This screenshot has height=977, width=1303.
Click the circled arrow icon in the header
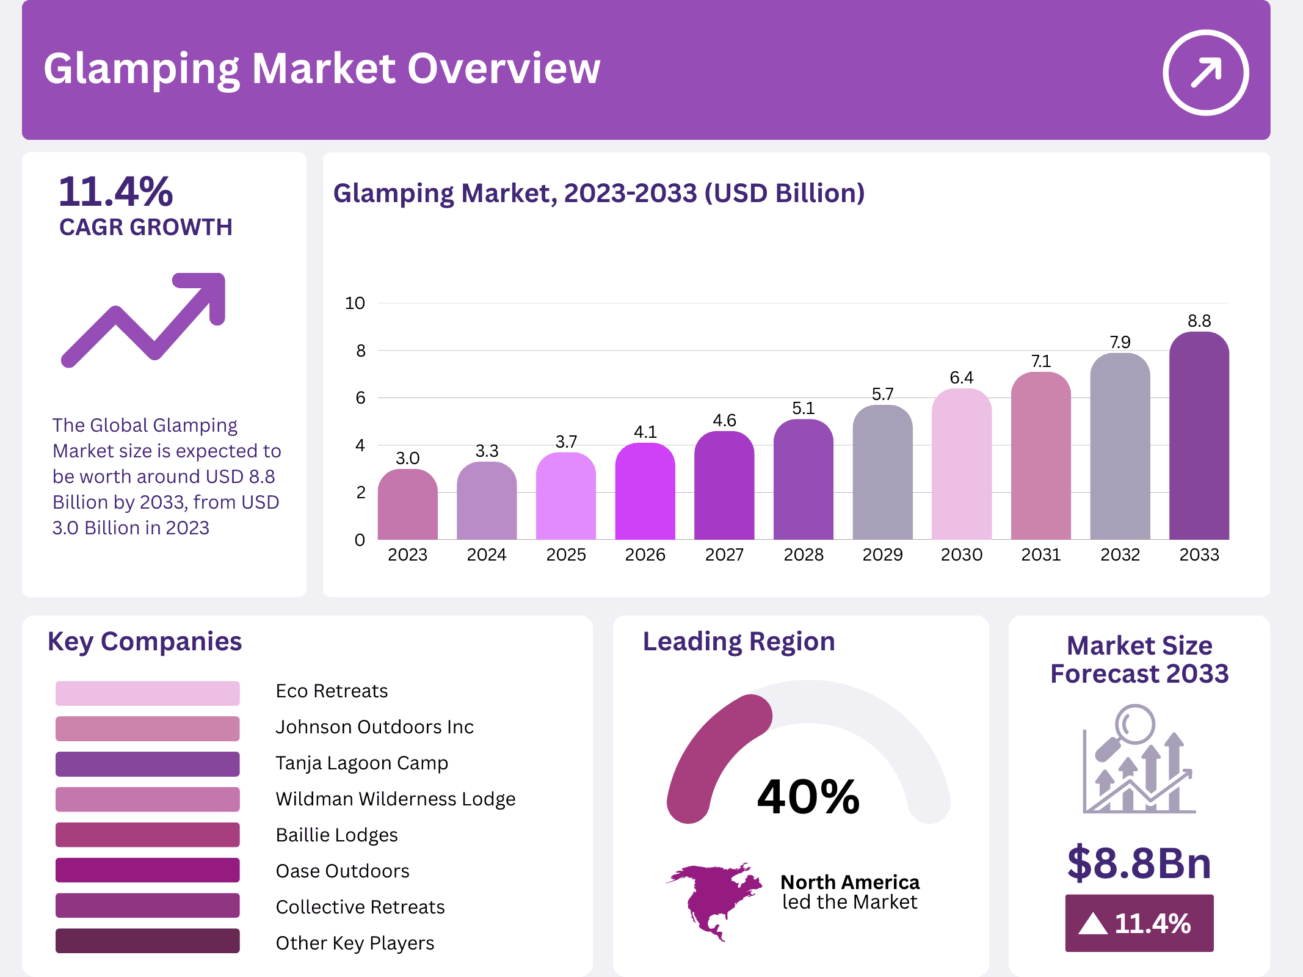pyautogui.click(x=1205, y=73)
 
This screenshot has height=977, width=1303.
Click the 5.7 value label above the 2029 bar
pyautogui.click(x=882, y=394)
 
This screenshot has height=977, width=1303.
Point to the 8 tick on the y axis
pyautogui.click(x=361, y=350)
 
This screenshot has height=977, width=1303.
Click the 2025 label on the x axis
pyautogui.click(x=565, y=554)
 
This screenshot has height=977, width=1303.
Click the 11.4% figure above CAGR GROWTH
pyautogui.click(x=115, y=192)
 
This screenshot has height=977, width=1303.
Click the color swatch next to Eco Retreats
pyautogui.click(x=147, y=693)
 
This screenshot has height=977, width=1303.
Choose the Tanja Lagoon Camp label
pyautogui.click(x=361, y=763)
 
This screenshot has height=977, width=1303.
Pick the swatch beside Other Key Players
pyautogui.click(x=147, y=941)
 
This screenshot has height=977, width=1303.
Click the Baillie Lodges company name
pyautogui.click(x=336, y=835)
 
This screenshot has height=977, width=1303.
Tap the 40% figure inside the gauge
pyautogui.click(x=808, y=797)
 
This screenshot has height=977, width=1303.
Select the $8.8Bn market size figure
pyautogui.click(x=1139, y=863)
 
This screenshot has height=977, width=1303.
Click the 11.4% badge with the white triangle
pyautogui.click(x=1139, y=923)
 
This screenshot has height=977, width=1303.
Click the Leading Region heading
pyautogui.click(x=738, y=642)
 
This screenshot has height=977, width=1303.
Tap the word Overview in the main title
pyautogui.click(x=504, y=68)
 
